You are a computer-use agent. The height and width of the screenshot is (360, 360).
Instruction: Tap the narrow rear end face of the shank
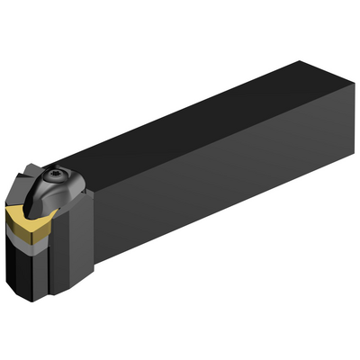coord(347,126)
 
